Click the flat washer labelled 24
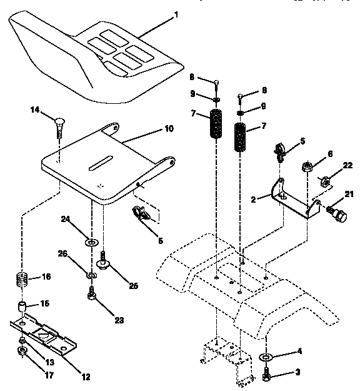[x=92, y=241]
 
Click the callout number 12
[x=86, y=377]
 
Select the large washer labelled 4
[x=266, y=358]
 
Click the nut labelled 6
[x=307, y=167]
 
